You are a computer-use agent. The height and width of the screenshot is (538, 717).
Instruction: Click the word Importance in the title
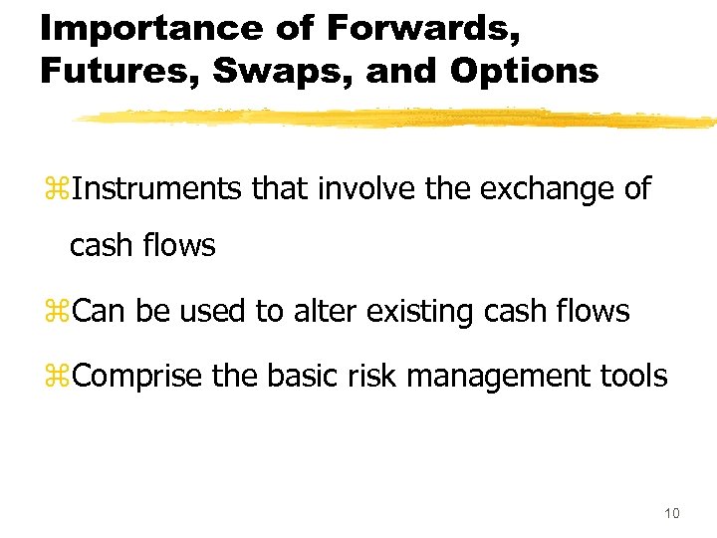137,27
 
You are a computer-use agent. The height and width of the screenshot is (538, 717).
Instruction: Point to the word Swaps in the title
264,71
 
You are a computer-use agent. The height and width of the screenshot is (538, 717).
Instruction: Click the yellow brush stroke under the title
398,119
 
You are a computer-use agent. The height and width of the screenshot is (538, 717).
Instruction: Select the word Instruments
157,187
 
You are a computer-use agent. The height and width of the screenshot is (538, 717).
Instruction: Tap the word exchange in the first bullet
542,187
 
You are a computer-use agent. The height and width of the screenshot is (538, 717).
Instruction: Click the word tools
631,376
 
